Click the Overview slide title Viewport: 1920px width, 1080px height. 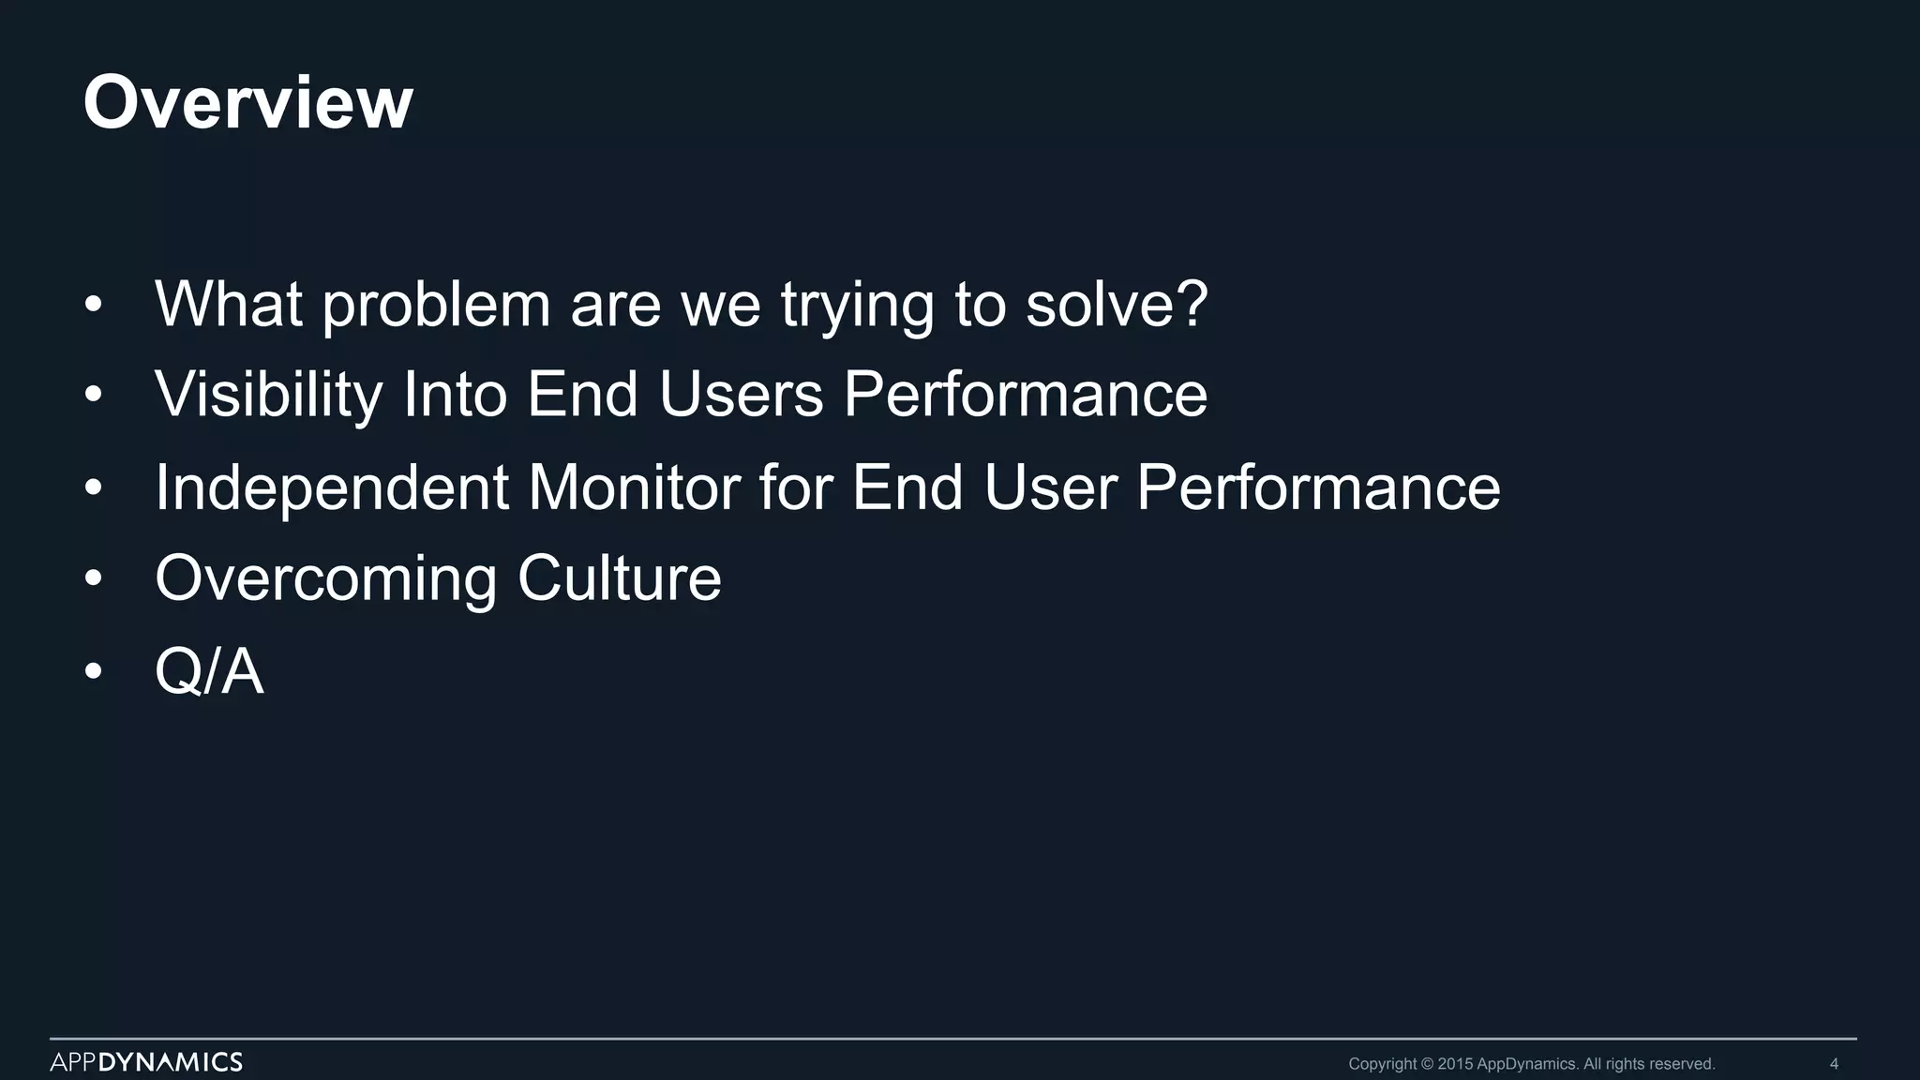point(247,102)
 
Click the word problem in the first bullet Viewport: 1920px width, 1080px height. point(436,305)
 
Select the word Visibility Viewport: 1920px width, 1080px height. point(268,394)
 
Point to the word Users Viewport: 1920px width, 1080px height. point(741,394)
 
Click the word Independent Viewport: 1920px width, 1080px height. point(332,487)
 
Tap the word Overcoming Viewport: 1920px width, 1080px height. point(325,578)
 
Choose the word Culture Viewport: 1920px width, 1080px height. point(619,578)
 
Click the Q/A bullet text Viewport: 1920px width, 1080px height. point(209,671)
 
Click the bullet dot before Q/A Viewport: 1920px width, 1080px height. point(92,671)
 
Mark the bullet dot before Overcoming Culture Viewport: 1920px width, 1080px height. point(92,579)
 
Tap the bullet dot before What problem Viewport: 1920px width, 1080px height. point(92,305)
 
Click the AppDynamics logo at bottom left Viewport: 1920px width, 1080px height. point(146,1062)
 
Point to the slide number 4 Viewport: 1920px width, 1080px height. point(1834,1064)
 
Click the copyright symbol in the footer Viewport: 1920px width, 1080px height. point(1428,1064)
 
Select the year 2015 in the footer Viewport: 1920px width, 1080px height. point(1455,1064)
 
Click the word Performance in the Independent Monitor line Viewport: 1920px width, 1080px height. point(1317,487)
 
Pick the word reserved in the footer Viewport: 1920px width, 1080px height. point(1682,1064)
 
